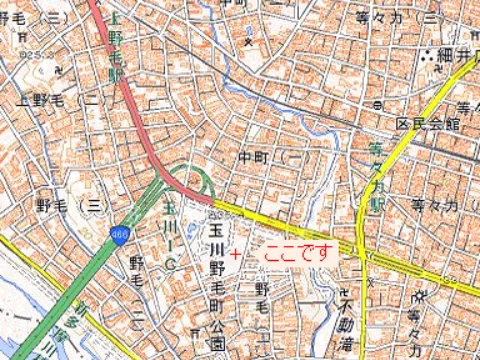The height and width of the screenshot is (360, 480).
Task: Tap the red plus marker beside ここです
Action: [235, 255]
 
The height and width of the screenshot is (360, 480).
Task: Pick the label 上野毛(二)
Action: [55, 101]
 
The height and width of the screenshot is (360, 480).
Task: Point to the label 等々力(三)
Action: [399, 17]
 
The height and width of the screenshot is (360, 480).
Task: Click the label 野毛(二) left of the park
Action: [137, 285]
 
